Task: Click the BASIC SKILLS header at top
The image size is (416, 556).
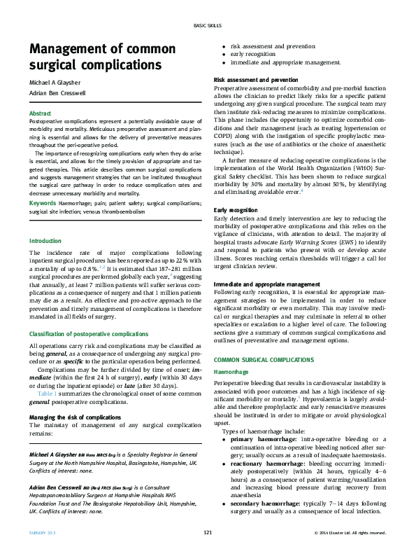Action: [x=208, y=26]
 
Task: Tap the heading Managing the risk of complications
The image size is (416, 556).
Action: [x=75, y=417]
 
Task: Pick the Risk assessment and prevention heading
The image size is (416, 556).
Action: [x=255, y=81]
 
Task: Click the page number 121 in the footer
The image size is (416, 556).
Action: [x=208, y=534]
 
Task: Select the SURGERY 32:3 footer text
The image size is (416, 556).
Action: [x=43, y=534]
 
